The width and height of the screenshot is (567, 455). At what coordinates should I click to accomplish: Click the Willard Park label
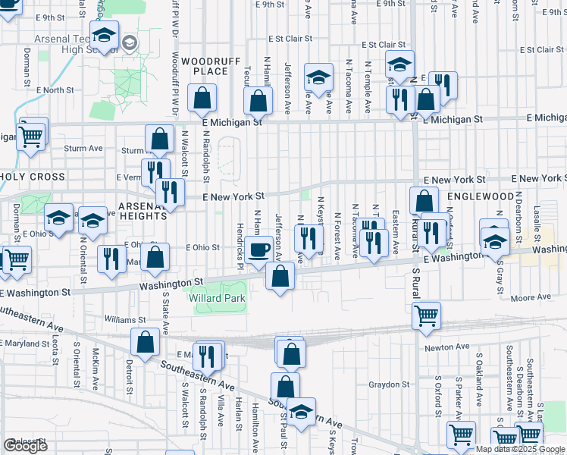pos(217,299)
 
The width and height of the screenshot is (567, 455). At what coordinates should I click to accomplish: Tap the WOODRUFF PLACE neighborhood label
pos(205,66)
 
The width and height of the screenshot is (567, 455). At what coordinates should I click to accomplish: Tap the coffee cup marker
pos(259,249)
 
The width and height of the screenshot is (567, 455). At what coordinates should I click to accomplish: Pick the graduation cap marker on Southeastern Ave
pos(301,413)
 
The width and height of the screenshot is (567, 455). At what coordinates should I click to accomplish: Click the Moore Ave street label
pos(531,298)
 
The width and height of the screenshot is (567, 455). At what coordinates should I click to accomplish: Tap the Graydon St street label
pos(389,384)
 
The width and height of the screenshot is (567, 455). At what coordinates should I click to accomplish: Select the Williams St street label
pos(125,321)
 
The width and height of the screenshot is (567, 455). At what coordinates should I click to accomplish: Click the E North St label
pos(56,89)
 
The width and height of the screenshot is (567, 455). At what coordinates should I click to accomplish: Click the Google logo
pos(25,446)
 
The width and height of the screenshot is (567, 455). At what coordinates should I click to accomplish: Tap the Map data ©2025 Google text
pos(521,449)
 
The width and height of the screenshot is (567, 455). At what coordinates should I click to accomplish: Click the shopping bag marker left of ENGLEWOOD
pos(424,200)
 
